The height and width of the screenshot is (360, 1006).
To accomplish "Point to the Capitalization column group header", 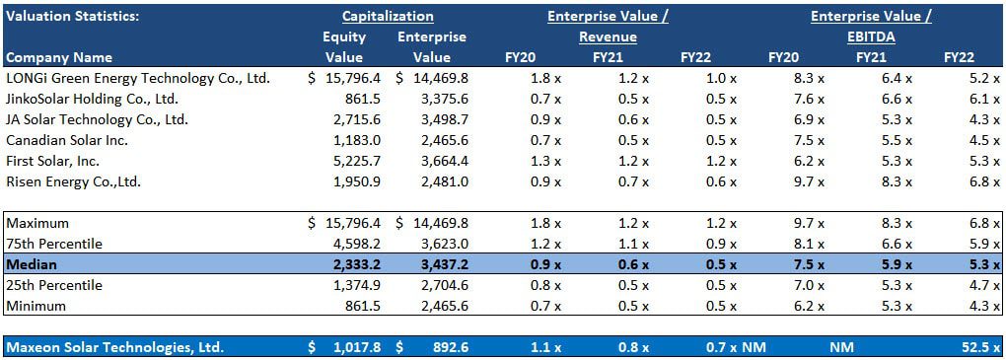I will coord(388,16).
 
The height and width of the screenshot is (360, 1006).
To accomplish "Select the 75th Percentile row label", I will coord(54,244).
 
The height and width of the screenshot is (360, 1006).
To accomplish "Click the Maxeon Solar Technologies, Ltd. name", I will coord(114,347).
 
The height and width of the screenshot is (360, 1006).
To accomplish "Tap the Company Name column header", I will coord(59,57).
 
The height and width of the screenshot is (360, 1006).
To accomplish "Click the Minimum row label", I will coord(37,306).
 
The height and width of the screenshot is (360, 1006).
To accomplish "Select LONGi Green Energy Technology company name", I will coord(138,78).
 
